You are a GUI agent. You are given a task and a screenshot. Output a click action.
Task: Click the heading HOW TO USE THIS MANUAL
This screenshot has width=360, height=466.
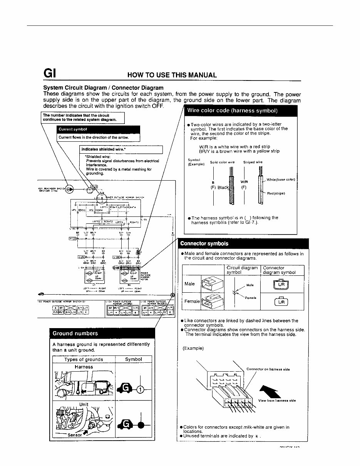pyautogui.click(x=172, y=75)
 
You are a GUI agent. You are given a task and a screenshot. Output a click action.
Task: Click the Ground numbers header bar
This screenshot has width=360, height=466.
pyautogui.click(x=75, y=333)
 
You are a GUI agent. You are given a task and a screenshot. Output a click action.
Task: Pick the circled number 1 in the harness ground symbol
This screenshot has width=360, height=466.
pyautogui.click(x=141, y=390)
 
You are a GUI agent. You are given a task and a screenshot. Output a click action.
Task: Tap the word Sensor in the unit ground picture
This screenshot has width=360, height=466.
pyautogui.click(x=74, y=435)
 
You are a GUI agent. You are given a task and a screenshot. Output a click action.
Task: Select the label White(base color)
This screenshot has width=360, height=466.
pyautogui.click(x=281, y=179)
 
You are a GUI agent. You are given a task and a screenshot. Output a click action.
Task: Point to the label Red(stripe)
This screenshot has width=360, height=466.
pyautogui.click(x=276, y=193)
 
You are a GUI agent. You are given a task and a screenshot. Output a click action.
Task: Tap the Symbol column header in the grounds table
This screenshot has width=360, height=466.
pyautogui.click(x=134, y=359)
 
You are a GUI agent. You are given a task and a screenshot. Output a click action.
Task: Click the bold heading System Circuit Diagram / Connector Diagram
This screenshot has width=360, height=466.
pyautogui.click(x=103, y=87)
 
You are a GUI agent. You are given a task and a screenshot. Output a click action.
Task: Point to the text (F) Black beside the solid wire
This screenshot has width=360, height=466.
pyautogui.click(x=219, y=188)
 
